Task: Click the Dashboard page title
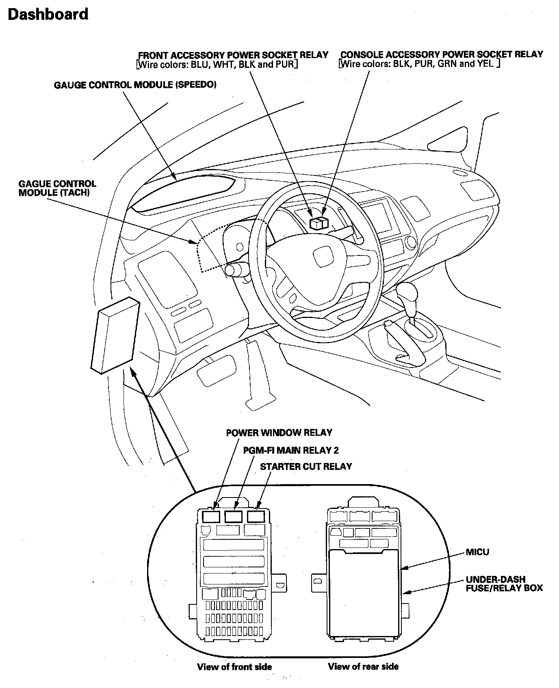[x=48, y=15]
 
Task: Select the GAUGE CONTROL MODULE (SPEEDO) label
[x=135, y=85]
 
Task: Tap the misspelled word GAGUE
[x=34, y=184]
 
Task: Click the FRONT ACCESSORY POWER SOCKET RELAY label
[x=233, y=55]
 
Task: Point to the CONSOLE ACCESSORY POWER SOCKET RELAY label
[x=442, y=54]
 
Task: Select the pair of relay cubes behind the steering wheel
[x=318, y=223]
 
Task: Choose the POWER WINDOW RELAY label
[x=279, y=433]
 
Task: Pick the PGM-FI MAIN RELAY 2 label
[x=291, y=450]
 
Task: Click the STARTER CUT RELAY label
[x=306, y=466]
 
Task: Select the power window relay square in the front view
[x=211, y=517]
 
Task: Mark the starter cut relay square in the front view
[x=256, y=517]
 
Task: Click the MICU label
[x=477, y=552]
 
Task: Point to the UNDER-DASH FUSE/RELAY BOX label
[x=504, y=584]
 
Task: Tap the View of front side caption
[x=234, y=666]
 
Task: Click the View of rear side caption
[x=363, y=666]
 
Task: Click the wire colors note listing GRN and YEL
[x=419, y=64]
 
